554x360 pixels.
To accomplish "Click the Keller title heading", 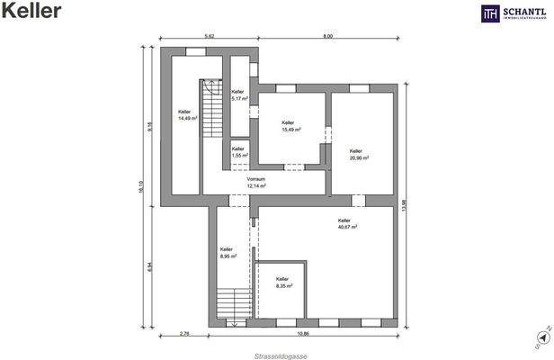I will [x=32, y=12].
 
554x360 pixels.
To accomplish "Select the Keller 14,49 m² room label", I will [x=188, y=113].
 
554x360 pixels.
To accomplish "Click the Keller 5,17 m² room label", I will [x=238, y=94].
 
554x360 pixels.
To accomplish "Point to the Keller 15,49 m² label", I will [x=288, y=126].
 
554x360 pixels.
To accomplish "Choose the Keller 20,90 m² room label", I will [x=357, y=155].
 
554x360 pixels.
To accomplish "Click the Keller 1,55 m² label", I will [x=238, y=152].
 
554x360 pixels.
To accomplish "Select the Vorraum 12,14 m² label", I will [x=256, y=182].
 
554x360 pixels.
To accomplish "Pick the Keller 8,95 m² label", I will [x=227, y=252].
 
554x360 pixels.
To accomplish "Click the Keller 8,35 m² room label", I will [x=282, y=283].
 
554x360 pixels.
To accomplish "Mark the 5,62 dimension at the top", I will [x=209, y=36].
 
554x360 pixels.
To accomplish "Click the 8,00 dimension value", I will [x=328, y=36].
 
